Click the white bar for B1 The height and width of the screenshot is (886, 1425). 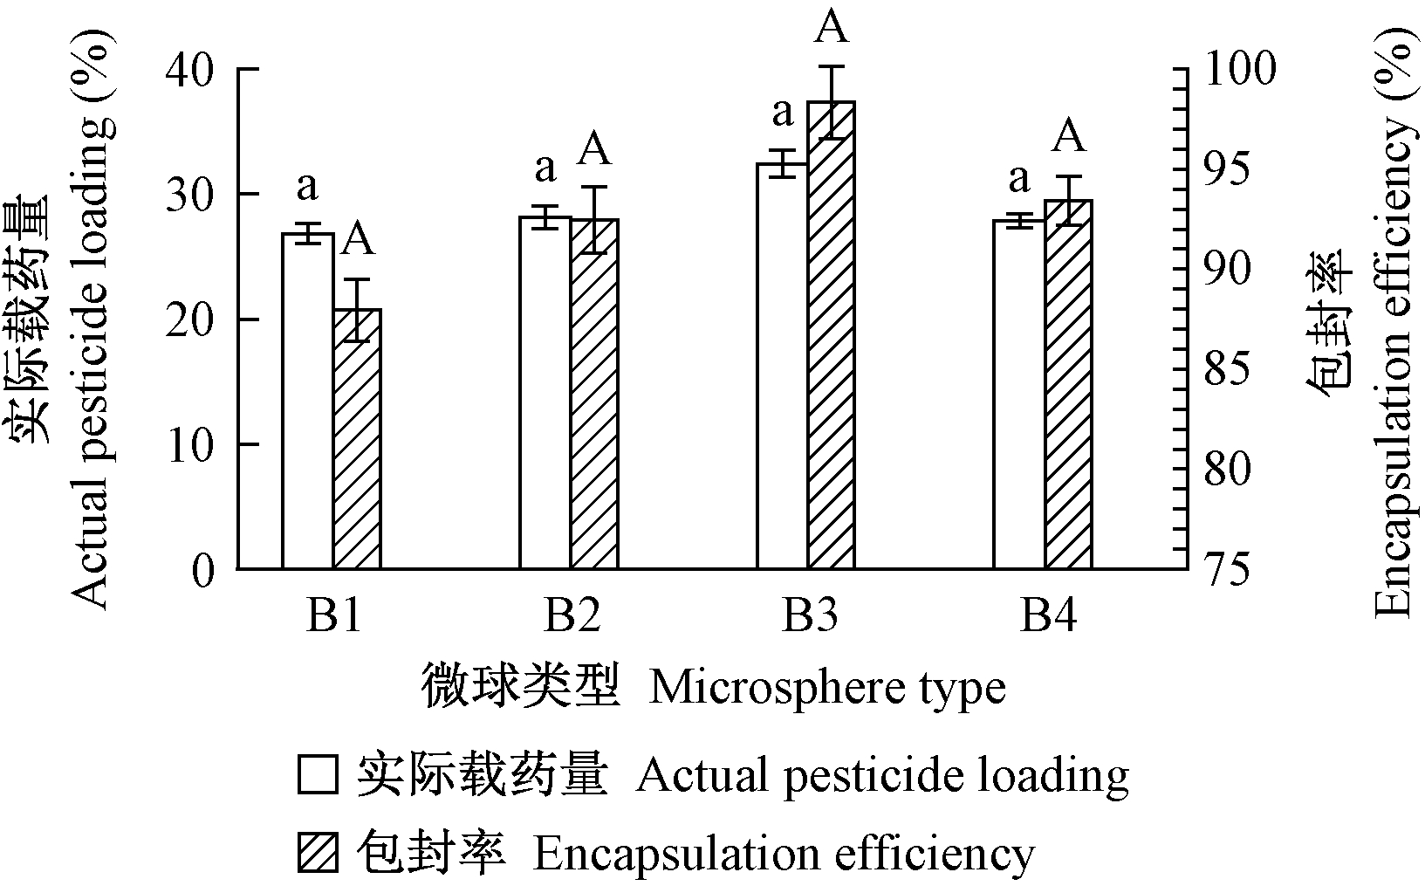307,402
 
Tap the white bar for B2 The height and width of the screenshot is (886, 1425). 545,393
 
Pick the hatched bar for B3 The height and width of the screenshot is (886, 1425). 831,336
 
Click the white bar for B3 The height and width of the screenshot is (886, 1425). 782,367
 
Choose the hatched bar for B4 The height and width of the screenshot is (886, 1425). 1068,385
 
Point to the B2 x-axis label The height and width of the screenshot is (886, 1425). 572,617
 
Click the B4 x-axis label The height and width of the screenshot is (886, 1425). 1048,617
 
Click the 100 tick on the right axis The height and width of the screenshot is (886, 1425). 1240,70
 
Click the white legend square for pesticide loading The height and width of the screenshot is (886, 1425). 318,774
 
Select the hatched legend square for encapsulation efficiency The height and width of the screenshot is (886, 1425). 318,853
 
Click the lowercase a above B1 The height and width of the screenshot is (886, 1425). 306,185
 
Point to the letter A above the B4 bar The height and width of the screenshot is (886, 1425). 1068,138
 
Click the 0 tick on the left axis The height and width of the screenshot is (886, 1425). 202,570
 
